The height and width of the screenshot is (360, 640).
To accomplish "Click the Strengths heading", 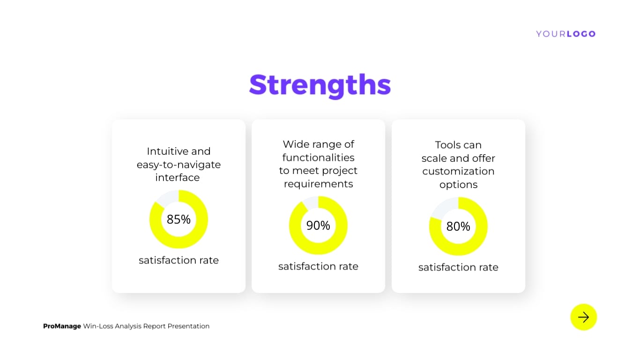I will click(x=320, y=85).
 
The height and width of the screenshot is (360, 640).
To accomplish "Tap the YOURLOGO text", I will click(x=566, y=34).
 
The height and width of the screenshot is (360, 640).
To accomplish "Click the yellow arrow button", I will click(x=583, y=317).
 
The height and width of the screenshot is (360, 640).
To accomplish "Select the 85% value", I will click(x=179, y=219).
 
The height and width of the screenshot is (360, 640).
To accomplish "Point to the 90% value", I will click(x=318, y=225).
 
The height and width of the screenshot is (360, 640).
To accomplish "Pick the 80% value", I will click(x=458, y=226).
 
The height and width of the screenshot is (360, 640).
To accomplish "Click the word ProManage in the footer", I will click(x=62, y=326).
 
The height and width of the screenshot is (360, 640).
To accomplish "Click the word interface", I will click(x=178, y=178).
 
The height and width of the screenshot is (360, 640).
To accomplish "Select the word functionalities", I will click(x=318, y=157).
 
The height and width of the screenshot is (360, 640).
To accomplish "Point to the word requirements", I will click(x=318, y=184).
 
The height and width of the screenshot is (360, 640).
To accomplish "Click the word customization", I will click(x=458, y=172).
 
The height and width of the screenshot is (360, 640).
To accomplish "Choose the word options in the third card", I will click(x=458, y=185).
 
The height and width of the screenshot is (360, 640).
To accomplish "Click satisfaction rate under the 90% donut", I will click(x=318, y=267).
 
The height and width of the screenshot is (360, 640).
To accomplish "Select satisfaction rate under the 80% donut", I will click(x=458, y=268).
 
